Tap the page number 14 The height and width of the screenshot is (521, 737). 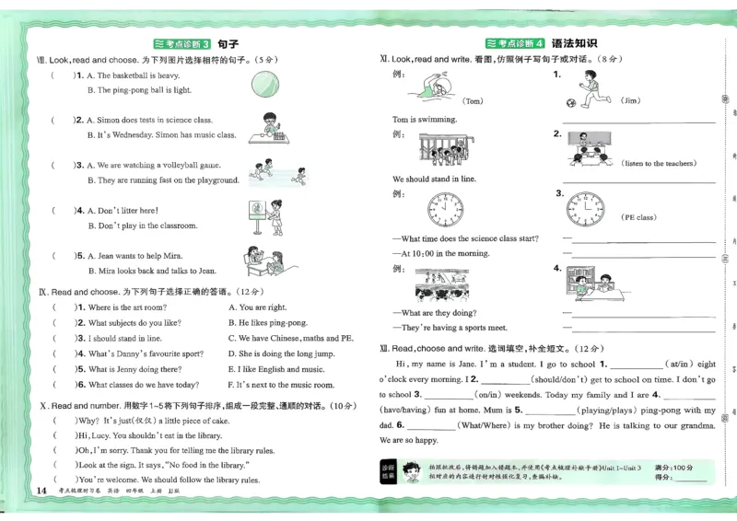coord(40,490)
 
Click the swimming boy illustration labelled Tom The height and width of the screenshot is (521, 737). coord(427,87)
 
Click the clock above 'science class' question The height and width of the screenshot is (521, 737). coord(446,211)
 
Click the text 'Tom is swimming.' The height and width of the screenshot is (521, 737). coord(424,120)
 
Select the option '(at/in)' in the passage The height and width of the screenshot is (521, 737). coord(683,365)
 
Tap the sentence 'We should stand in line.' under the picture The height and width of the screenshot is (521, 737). coord(434,179)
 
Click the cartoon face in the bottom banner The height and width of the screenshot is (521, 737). coord(412,473)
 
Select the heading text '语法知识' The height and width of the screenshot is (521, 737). coord(574,43)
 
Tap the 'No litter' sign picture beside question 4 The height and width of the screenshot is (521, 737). coord(254,216)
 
